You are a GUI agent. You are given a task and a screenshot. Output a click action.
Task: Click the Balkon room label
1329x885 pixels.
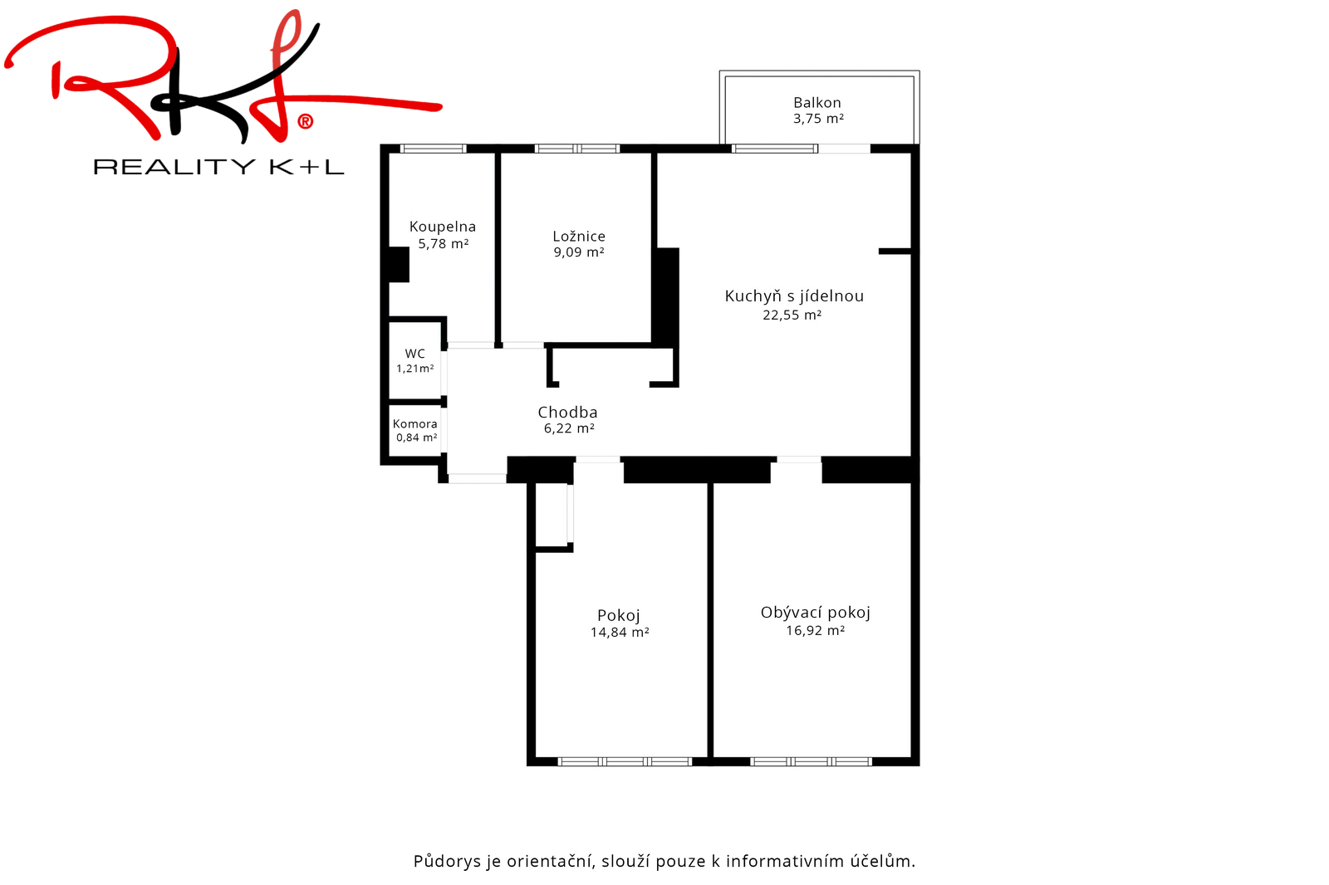pyautogui.click(x=817, y=103)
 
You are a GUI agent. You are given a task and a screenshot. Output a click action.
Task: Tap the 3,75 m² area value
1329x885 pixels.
pyautogui.click(x=818, y=119)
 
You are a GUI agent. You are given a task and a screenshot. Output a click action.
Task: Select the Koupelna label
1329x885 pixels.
pyautogui.click(x=443, y=227)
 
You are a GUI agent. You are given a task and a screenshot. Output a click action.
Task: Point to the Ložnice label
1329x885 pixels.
pyautogui.click(x=579, y=236)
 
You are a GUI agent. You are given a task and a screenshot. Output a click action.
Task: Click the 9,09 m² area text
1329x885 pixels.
pyautogui.click(x=579, y=252)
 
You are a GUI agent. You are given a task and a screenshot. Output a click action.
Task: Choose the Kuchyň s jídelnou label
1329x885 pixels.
pyautogui.click(x=794, y=296)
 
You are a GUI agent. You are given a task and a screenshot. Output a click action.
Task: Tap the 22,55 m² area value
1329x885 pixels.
pyautogui.click(x=792, y=315)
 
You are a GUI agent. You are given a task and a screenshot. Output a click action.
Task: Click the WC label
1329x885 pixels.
pyautogui.click(x=414, y=354)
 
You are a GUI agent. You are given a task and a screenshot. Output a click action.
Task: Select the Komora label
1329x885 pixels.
pyautogui.click(x=414, y=424)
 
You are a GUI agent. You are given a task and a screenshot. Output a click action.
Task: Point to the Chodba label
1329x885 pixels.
pyautogui.click(x=567, y=413)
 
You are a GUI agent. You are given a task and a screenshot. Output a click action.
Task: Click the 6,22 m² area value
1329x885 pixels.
pyautogui.click(x=569, y=428)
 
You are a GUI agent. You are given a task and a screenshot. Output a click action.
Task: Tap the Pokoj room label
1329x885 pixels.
pyautogui.click(x=618, y=616)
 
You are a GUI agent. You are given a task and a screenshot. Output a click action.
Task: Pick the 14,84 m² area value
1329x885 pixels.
pyautogui.click(x=620, y=633)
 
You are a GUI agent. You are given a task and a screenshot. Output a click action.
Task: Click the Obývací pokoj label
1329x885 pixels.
pyautogui.click(x=815, y=613)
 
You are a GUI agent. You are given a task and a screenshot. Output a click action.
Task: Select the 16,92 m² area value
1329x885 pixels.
pyautogui.click(x=815, y=630)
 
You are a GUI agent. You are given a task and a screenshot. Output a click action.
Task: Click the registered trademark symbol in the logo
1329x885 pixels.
pyautogui.click(x=305, y=121)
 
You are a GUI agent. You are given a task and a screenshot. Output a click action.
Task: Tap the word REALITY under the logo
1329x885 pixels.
pyautogui.click(x=174, y=167)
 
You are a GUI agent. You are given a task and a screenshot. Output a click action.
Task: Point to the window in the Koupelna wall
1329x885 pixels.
pyautogui.click(x=433, y=149)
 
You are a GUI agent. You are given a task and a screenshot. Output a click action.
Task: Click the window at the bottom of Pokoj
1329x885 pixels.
pyautogui.click(x=625, y=761)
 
